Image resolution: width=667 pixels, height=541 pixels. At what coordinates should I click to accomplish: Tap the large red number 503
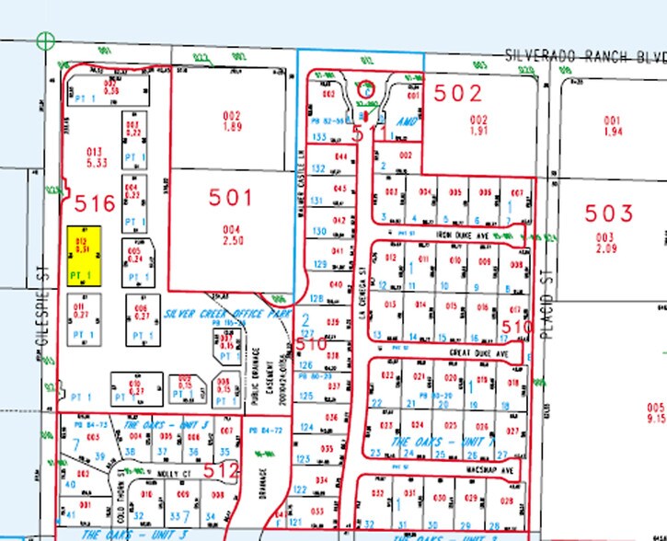tap(610, 214)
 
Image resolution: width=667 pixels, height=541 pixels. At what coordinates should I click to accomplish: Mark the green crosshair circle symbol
tap(44, 40)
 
